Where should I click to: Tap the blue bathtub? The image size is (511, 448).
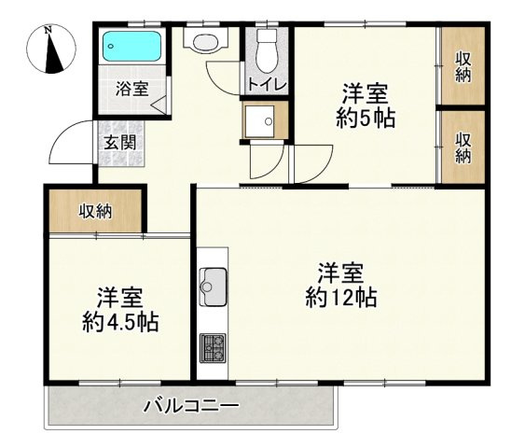131,46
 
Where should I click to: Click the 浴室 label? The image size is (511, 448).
131,90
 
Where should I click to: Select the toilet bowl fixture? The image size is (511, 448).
268,50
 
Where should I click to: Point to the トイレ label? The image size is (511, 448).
268,84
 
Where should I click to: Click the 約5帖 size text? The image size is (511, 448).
364,119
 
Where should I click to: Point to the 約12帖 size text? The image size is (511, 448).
340,298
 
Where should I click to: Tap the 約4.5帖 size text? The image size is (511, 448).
119,323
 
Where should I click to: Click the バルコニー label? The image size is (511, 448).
191,407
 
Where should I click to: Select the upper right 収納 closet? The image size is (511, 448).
463,67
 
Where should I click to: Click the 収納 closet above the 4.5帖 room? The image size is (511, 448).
95,211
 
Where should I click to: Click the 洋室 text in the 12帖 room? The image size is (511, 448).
340,273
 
